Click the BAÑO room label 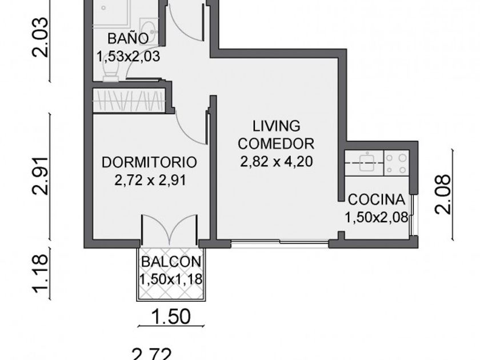click(x=128, y=39)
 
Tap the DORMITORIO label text click(x=149, y=162)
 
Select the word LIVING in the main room click(x=277, y=126)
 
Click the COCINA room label click(x=377, y=199)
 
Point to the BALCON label click(x=171, y=262)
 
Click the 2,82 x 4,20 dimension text click(x=277, y=162)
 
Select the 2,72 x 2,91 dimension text click(x=150, y=181)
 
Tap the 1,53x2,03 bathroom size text click(x=128, y=57)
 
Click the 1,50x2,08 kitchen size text click(x=377, y=218)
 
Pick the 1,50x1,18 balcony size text click(x=171, y=279)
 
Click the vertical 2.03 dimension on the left click(x=40, y=37)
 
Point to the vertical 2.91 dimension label click(x=40, y=176)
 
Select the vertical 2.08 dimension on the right click(x=443, y=194)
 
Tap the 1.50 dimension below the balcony click(x=171, y=317)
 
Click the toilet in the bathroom click(x=110, y=74)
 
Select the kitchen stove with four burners click(x=397, y=164)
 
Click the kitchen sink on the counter click(x=367, y=162)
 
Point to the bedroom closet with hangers click(x=129, y=101)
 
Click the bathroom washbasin click(x=149, y=27)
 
